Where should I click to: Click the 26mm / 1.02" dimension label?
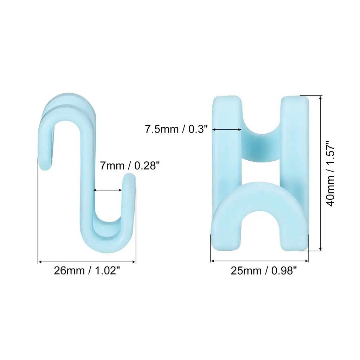click(87, 271)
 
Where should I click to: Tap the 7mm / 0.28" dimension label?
click(130, 165)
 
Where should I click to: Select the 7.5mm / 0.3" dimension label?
click(176, 129)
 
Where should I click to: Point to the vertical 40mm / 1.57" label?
click(330, 174)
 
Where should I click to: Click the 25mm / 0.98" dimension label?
click(264, 271)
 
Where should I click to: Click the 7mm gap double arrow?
click(108, 190)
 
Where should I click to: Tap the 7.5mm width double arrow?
click(227, 130)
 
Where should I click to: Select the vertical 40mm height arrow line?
click(321, 173)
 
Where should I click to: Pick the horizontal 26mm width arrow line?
click(87, 262)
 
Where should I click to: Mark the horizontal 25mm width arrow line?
click(260, 261)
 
